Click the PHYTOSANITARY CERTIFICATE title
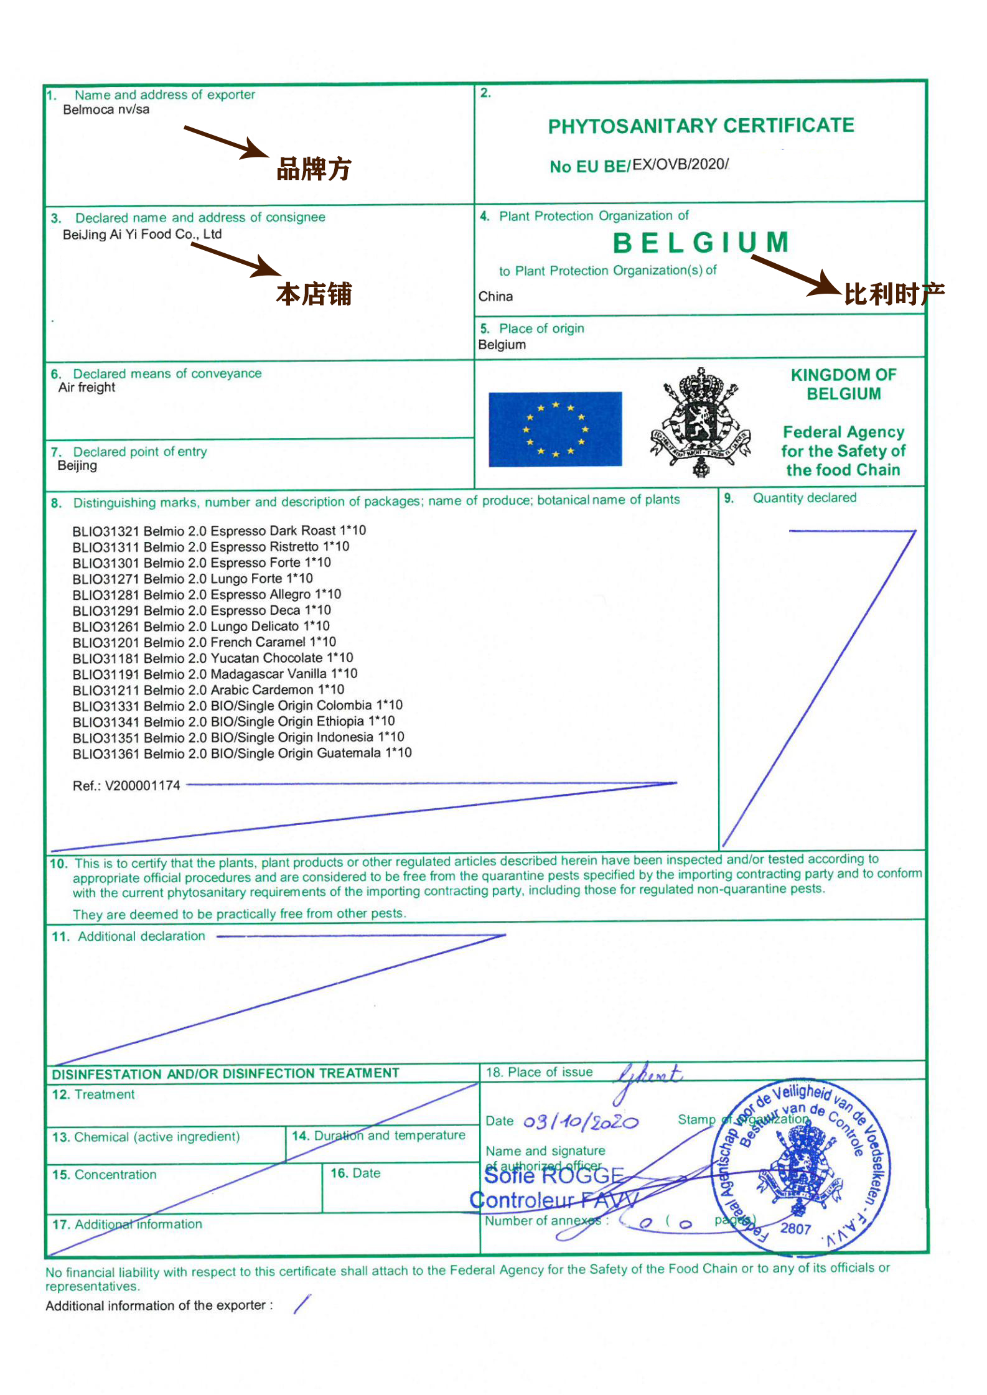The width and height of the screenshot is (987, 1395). [x=701, y=126]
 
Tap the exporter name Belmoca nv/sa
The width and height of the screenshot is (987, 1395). [x=106, y=110]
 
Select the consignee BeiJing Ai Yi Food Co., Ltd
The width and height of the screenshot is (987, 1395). [x=142, y=235]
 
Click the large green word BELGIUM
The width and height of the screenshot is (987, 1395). [x=701, y=243]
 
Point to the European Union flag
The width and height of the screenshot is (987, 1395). [x=555, y=429]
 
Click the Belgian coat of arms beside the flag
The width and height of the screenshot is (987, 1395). [x=701, y=422]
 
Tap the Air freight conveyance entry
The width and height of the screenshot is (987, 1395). [x=87, y=388]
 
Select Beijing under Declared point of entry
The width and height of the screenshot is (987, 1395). [x=77, y=466]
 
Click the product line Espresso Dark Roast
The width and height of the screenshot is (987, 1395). [x=219, y=531]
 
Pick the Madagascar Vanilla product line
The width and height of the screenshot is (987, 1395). [x=215, y=674]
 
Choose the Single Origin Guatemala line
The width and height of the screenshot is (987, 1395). [x=242, y=753]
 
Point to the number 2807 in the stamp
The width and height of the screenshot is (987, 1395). [x=795, y=1229]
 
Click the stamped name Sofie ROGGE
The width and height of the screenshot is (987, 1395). [x=554, y=1176]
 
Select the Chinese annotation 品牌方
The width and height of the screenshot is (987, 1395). [x=314, y=169]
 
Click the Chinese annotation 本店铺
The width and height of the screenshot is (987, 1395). [x=314, y=294]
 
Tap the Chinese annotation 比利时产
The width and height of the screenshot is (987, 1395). [x=894, y=294]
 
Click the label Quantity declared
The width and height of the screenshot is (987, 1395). [x=804, y=498]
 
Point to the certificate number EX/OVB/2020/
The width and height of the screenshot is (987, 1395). [x=680, y=164]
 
